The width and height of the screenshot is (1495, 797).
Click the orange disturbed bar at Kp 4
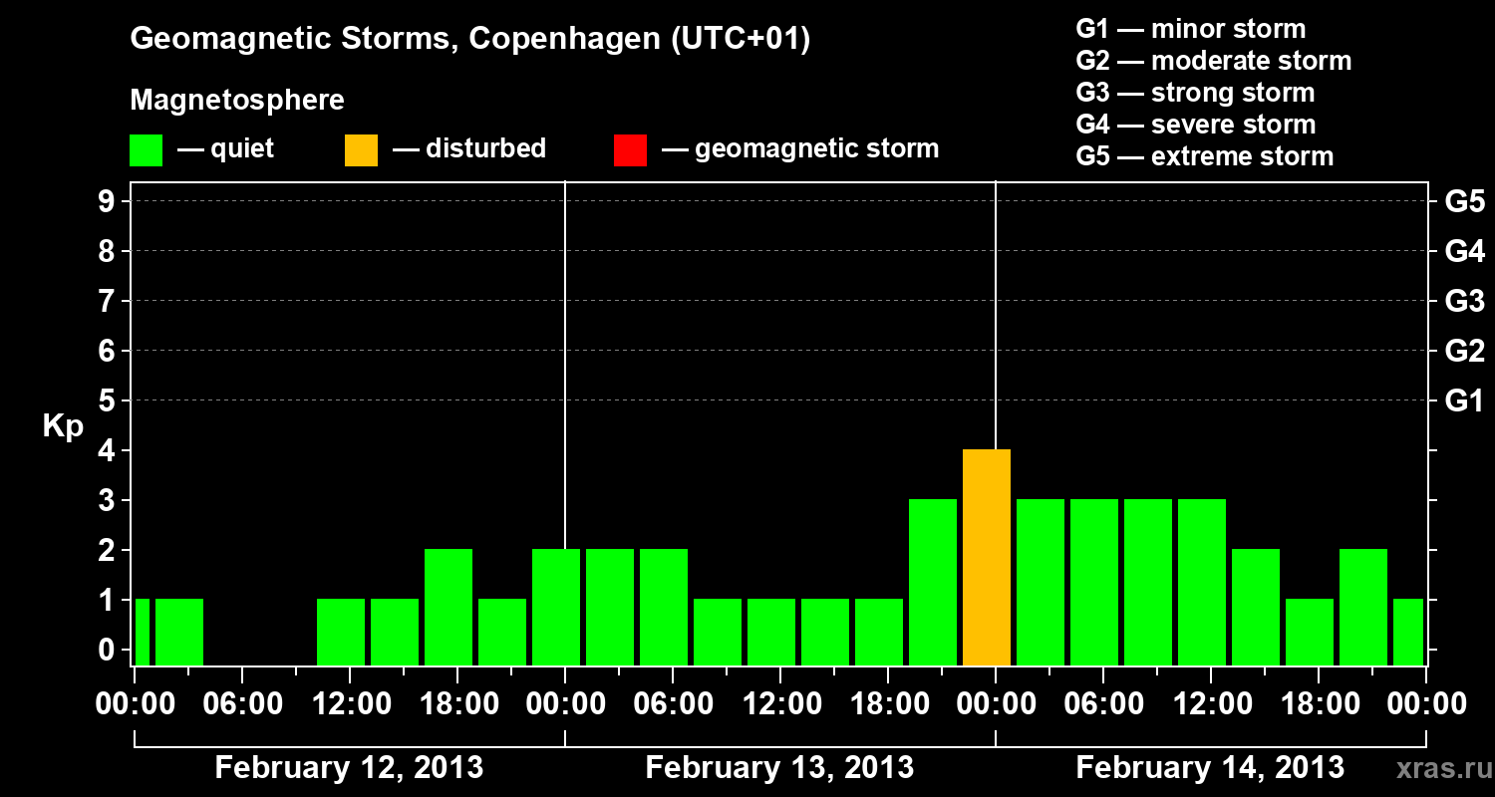tap(987, 557)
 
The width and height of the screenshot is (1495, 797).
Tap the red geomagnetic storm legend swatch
tap(630, 150)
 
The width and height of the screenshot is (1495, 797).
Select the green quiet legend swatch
tap(146, 150)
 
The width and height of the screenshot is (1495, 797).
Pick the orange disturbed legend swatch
tap(361, 150)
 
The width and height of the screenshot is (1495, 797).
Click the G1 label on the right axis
tap(1464, 401)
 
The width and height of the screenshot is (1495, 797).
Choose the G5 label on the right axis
tap(1464, 202)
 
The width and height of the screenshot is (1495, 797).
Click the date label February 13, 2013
tap(779, 768)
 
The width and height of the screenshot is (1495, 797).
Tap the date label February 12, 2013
tap(349, 768)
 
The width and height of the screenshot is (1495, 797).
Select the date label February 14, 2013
tap(1210, 768)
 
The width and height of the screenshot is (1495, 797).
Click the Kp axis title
tap(63, 427)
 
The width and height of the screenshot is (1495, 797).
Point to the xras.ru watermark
tap(1442, 769)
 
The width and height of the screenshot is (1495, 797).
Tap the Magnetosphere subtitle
tap(237, 101)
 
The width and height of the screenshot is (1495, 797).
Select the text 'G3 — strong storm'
tap(1195, 93)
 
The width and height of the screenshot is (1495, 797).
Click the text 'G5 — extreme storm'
tap(1204, 156)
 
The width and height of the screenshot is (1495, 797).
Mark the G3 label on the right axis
tap(1464, 302)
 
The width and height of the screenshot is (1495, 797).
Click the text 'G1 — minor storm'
tap(1190, 29)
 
